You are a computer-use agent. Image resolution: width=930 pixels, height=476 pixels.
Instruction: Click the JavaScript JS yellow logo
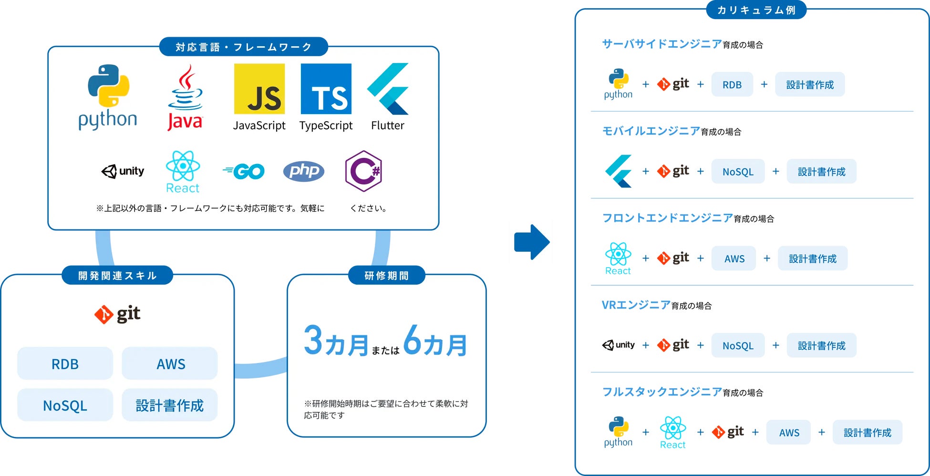click(x=259, y=89)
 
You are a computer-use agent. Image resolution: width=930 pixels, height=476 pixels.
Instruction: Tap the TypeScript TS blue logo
click(x=326, y=89)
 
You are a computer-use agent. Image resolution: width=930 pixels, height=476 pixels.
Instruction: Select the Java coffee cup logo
click(x=185, y=98)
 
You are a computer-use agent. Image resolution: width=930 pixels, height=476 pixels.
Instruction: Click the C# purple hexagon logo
click(x=363, y=171)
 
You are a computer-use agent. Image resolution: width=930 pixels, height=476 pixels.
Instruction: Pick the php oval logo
click(x=304, y=171)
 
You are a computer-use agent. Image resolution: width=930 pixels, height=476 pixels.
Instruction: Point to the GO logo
click(x=244, y=171)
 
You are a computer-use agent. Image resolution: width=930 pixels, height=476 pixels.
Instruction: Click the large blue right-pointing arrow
click(x=532, y=242)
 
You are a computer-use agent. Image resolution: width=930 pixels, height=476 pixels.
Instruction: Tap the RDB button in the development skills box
click(x=65, y=364)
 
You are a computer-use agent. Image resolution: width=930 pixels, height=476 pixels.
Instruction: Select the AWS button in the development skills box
click(x=170, y=364)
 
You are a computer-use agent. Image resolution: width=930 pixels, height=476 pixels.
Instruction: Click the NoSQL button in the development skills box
click(x=65, y=405)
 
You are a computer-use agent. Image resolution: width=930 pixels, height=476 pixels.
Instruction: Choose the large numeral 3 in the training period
click(x=313, y=341)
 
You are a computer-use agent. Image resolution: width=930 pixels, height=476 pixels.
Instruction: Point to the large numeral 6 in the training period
click(x=413, y=341)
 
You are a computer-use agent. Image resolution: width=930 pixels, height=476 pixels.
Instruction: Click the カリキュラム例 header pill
click(x=756, y=10)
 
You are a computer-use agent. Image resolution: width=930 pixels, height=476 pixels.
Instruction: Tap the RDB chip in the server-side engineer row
click(x=732, y=85)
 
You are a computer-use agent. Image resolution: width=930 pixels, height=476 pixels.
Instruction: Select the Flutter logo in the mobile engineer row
click(x=619, y=171)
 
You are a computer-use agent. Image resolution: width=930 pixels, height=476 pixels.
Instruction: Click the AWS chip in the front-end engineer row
click(x=734, y=259)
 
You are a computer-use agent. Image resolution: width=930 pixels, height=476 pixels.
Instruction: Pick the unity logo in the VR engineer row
click(x=619, y=345)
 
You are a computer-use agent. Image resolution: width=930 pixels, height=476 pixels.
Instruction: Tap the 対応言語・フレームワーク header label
click(x=243, y=47)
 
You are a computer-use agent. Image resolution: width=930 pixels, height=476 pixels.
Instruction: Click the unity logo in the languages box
click(x=123, y=171)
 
